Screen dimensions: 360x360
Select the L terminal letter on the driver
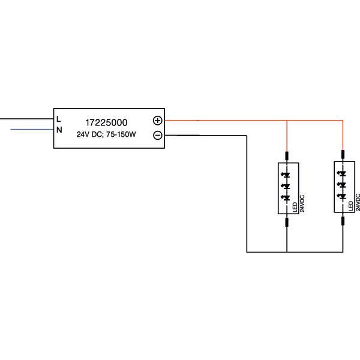59,118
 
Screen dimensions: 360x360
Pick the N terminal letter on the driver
59,130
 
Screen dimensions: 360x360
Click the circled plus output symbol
158,120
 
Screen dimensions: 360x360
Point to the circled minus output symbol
158,135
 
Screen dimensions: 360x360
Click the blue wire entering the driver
30,128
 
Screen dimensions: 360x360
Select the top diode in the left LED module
287,175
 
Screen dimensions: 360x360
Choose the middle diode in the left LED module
287,186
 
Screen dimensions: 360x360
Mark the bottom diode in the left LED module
287,197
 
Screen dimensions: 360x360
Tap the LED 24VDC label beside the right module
354,205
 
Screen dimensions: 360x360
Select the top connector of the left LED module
287,156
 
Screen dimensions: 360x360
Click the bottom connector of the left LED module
287,223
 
